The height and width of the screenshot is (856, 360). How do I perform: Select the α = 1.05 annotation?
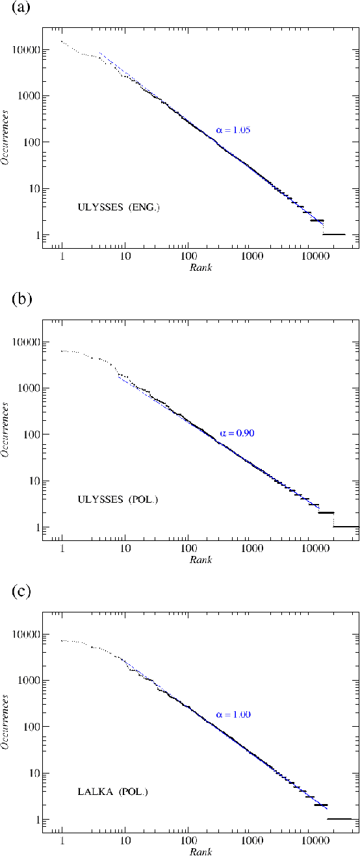[233, 130]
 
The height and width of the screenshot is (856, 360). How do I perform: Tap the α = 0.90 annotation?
[235, 432]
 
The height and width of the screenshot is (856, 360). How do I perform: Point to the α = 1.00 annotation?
[233, 714]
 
